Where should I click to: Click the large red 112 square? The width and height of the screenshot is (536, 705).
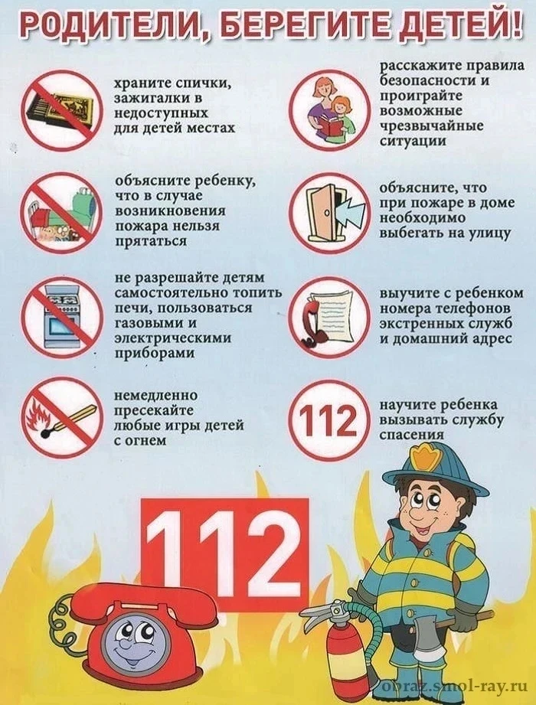(225, 555)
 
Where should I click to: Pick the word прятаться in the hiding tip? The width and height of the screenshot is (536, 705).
(151, 241)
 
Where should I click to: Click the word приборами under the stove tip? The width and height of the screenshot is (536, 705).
(155, 354)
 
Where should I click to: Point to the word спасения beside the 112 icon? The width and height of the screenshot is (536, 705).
(412, 435)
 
